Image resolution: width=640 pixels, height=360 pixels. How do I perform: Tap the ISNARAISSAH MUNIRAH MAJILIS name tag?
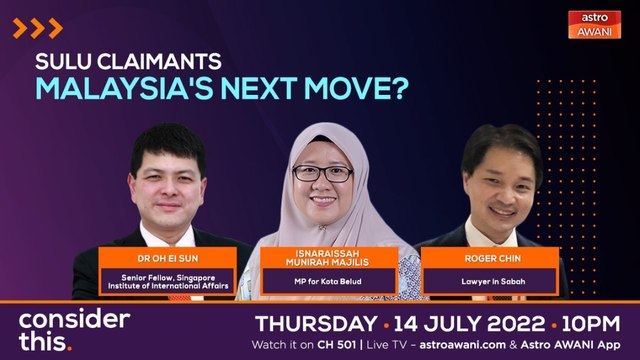click(323, 263)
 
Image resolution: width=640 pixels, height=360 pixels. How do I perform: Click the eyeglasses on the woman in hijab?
click(322, 173)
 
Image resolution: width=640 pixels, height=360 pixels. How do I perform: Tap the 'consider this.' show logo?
click(74, 330)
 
